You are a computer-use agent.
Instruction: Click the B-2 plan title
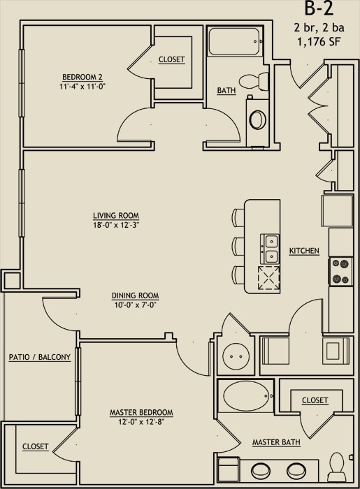pyautogui.click(x=319, y=8)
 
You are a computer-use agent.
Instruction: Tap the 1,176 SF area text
pyautogui.click(x=319, y=41)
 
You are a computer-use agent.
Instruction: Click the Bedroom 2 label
pyautogui.click(x=82, y=77)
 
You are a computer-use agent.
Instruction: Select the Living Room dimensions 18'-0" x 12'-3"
pyautogui.click(x=116, y=225)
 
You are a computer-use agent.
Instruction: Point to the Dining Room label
pyautogui.click(x=135, y=295)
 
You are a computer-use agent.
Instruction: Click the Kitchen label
pyautogui.click(x=304, y=251)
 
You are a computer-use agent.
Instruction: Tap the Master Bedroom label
pyautogui.click(x=141, y=412)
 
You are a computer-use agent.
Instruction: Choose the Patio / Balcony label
pyautogui.click(x=40, y=357)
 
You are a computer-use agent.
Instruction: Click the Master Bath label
pyautogui.click(x=276, y=442)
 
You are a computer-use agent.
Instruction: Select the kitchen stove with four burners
pyautogui.click(x=340, y=271)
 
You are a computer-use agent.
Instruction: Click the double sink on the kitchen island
pyautogui.click(x=270, y=249)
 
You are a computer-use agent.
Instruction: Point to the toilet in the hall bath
pyautogui.click(x=254, y=82)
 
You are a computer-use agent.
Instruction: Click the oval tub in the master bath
pyautogui.click(x=245, y=396)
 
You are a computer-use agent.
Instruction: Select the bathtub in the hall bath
pyautogui.click(x=236, y=41)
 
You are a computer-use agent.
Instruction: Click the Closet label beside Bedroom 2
pyautogui.click(x=171, y=59)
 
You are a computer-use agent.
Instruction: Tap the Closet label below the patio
pyautogui.click(x=36, y=446)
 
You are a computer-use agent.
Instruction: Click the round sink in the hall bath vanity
pyautogui.click(x=258, y=119)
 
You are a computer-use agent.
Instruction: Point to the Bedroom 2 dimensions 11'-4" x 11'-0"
pyautogui.click(x=82, y=87)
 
